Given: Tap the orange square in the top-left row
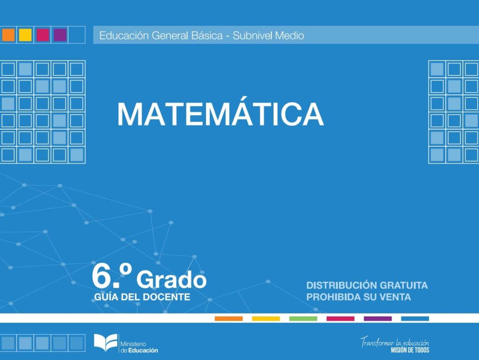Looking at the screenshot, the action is pyautogui.click(x=8, y=35).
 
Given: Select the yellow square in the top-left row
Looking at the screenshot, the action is pyautogui.click(x=25, y=35).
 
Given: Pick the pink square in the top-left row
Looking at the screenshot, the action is pyautogui.click(x=43, y=35).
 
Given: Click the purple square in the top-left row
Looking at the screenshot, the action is pyautogui.click(x=60, y=35).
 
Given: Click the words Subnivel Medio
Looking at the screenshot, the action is pyautogui.click(x=268, y=36).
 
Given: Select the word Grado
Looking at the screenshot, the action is pyautogui.click(x=171, y=279).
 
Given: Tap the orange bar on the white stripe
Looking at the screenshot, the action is pyautogui.click(x=228, y=318).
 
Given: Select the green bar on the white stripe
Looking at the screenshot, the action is pyautogui.click(x=303, y=318).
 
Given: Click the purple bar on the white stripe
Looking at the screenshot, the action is pyautogui.click(x=377, y=318).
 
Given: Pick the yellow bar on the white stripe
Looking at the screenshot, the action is pyautogui.click(x=266, y=318).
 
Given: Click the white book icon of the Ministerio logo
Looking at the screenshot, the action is pyautogui.click(x=106, y=343).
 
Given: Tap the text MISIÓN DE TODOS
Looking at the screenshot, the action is pyautogui.click(x=410, y=350).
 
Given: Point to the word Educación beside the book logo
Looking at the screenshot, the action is pyautogui.click(x=143, y=350).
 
